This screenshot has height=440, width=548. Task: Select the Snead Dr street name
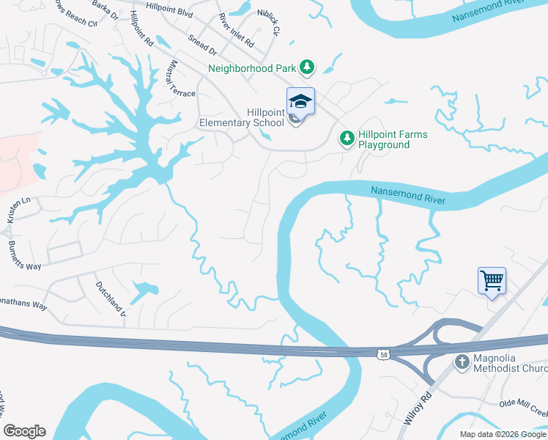(202, 45)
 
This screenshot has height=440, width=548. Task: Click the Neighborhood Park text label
(252, 68)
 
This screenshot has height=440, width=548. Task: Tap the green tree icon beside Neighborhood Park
(308, 68)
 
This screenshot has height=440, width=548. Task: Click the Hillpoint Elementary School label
(242, 117)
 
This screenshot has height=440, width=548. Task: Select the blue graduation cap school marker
(300, 102)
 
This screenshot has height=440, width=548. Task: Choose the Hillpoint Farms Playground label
(393, 139)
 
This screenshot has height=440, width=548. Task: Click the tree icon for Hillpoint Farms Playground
(346, 138)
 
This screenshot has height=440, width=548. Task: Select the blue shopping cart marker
(492, 280)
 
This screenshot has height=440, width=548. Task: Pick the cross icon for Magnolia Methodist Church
(462, 362)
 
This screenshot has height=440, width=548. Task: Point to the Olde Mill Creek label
(522, 406)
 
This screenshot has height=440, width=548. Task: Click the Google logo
(24, 430)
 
